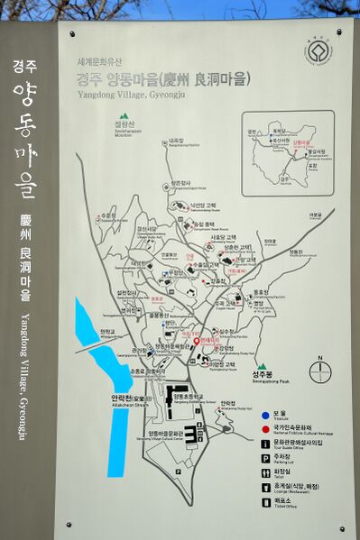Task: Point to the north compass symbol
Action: pyautogui.click(x=318, y=371)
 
